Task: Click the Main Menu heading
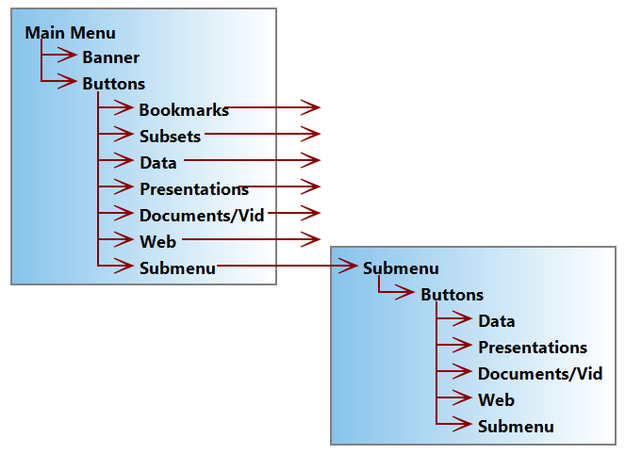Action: pyautogui.click(x=71, y=33)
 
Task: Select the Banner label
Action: pyautogui.click(x=110, y=57)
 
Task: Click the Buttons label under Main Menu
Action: pyautogui.click(x=113, y=84)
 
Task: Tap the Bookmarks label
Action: pyautogui.click(x=184, y=110)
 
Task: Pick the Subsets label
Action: pyautogui.click(x=170, y=137)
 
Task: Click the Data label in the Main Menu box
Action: pyautogui.click(x=158, y=163)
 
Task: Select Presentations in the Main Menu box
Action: pyautogui.click(x=194, y=188)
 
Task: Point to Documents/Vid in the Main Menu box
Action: pyautogui.click(x=202, y=215)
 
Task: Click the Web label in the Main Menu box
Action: pyautogui.click(x=157, y=241)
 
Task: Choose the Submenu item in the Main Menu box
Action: pyautogui.click(x=177, y=268)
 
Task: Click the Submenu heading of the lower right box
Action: pyautogui.click(x=401, y=268)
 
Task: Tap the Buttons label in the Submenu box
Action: pyautogui.click(x=452, y=295)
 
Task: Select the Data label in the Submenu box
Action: pyautogui.click(x=497, y=321)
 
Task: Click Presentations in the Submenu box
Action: pyautogui.click(x=533, y=348)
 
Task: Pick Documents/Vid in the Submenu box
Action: pyautogui.click(x=540, y=374)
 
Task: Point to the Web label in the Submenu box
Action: pyautogui.click(x=496, y=400)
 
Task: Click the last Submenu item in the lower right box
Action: pyautogui.click(x=516, y=427)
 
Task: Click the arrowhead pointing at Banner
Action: pyautogui.click(x=68, y=57)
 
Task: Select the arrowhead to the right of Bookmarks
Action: pyautogui.click(x=311, y=108)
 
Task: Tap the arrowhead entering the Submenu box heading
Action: pyautogui.click(x=349, y=268)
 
